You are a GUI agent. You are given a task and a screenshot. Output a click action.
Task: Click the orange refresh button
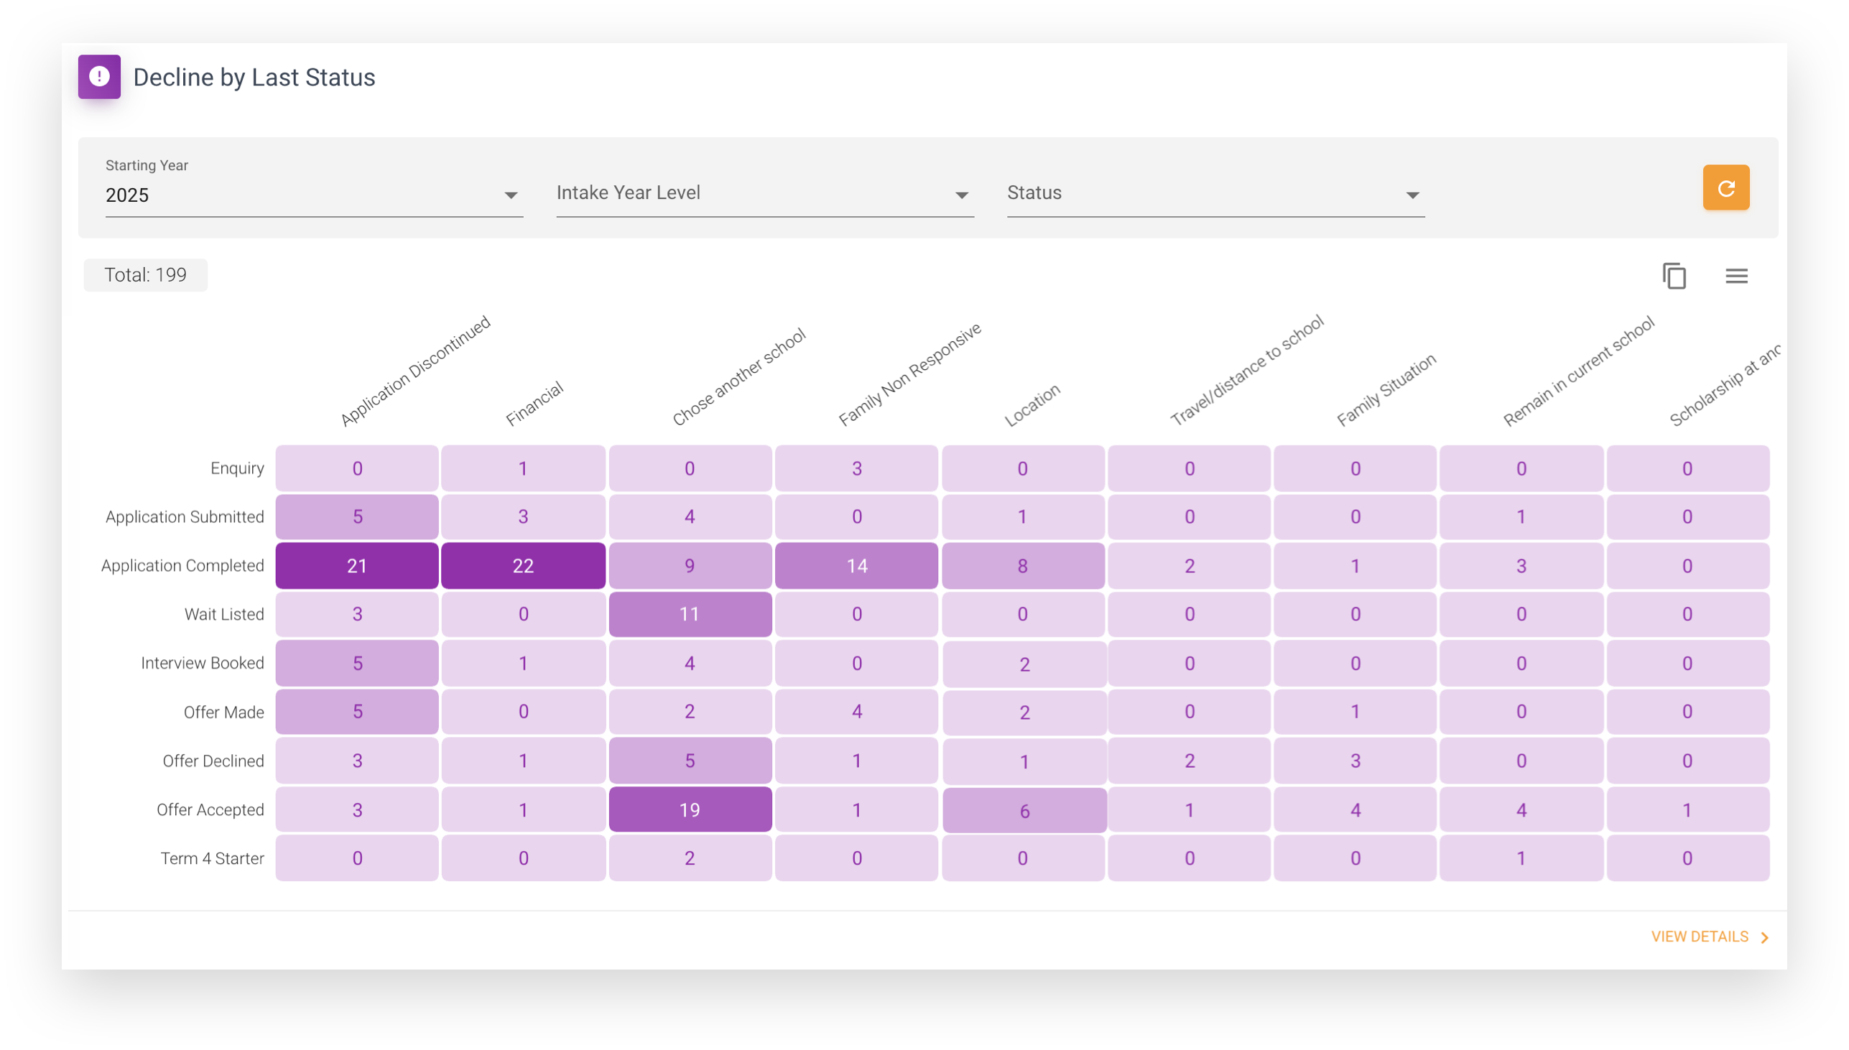click(x=1725, y=187)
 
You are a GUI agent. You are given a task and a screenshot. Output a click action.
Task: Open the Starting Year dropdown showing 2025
click(x=314, y=195)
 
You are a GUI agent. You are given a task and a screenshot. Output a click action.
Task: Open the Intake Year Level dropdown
click(x=764, y=193)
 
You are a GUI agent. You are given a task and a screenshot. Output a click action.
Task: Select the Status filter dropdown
click(x=1215, y=193)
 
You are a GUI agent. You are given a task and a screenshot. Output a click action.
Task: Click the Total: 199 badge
click(x=146, y=275)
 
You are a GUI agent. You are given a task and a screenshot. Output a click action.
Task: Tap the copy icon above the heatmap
click(x=1674, y=276)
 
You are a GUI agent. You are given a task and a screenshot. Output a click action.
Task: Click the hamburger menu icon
click(x=1736, y=276)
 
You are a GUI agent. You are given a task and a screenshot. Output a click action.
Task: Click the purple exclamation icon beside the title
click(x=100, y=76)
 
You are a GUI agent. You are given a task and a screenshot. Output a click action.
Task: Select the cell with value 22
click(x=523, y=565)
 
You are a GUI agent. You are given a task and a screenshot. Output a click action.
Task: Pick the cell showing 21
click(x=357, y=565)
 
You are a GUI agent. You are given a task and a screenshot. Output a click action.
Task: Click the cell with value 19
click(x=690, y=809)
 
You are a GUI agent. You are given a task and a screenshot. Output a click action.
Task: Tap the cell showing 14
click(x=856, y=565)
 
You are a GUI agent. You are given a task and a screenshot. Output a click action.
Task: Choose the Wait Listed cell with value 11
click(x=690, y=614)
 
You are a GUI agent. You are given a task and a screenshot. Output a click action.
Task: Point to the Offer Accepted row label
click(x=210, y=809)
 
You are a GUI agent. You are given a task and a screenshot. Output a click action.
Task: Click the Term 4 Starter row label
click(x=212, y=858)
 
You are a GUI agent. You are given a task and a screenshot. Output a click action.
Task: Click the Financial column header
click(x=534, y=404)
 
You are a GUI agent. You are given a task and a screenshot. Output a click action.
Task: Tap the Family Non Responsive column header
click(x=909, y=374)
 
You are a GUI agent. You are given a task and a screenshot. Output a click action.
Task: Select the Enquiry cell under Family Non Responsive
click(x=856, y=468)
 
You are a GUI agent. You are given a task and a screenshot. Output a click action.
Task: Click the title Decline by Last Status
click(x=254, y=77)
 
